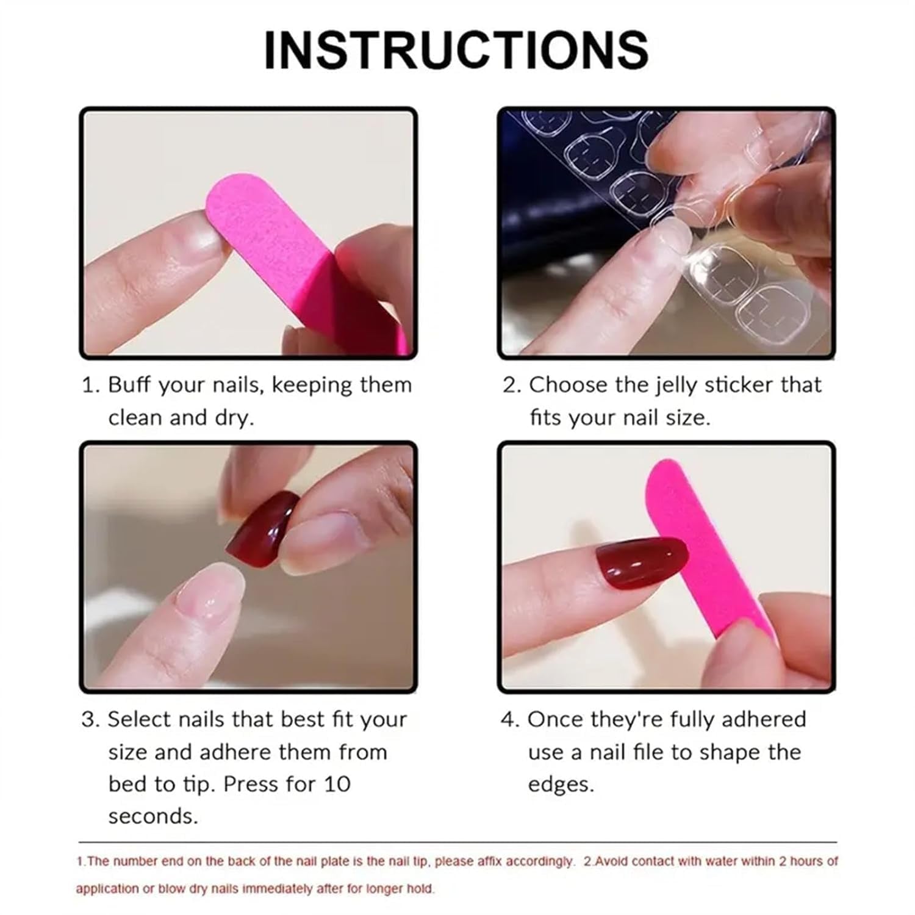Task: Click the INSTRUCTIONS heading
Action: click(x=456, y=50)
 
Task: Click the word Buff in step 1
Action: click(x=129, y=386)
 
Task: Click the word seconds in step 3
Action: click(x=153, y=816)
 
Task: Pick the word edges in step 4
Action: click(x=560, y=784)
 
